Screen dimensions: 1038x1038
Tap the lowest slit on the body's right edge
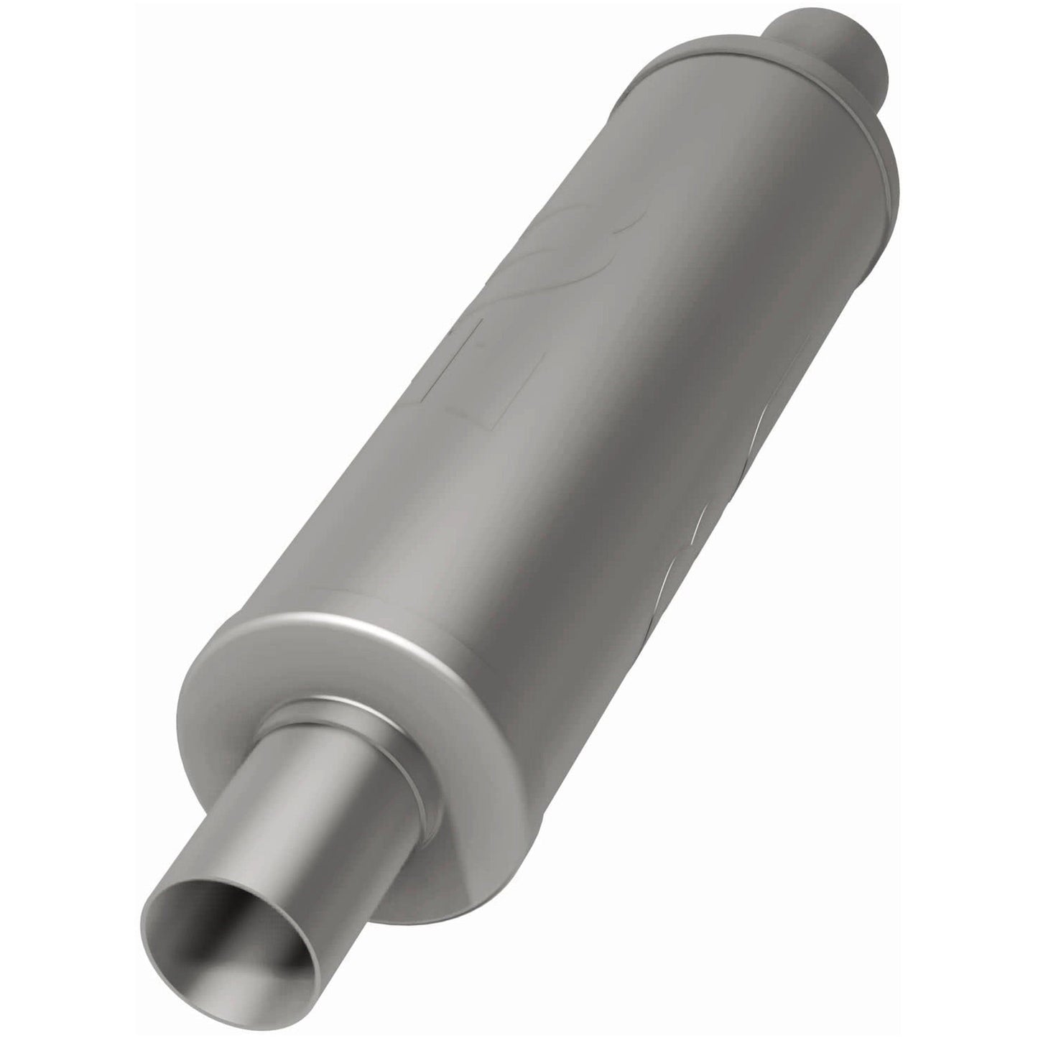[x=668, y=575]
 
